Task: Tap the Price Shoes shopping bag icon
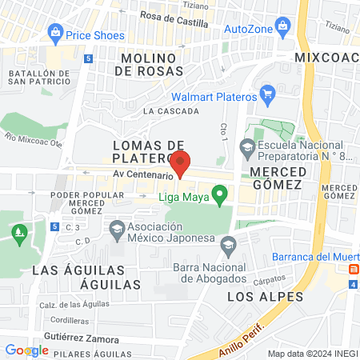[x=55, y=34]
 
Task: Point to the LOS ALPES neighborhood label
[x=254, y=297]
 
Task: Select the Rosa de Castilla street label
[x=174, y=15]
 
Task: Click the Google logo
[x=26, y=350]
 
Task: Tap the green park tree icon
[x=18, y=234]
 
